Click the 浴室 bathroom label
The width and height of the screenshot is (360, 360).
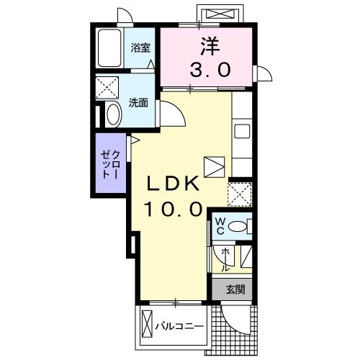140,48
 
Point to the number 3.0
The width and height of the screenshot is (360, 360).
210,70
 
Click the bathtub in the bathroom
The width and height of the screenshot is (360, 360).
108,49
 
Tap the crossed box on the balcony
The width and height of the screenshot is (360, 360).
148,326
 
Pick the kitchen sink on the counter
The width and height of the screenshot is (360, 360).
241,131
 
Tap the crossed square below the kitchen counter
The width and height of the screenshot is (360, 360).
239,194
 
